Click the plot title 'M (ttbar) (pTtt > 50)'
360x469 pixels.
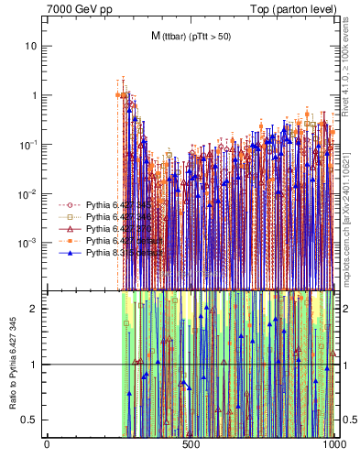[190, 36]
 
